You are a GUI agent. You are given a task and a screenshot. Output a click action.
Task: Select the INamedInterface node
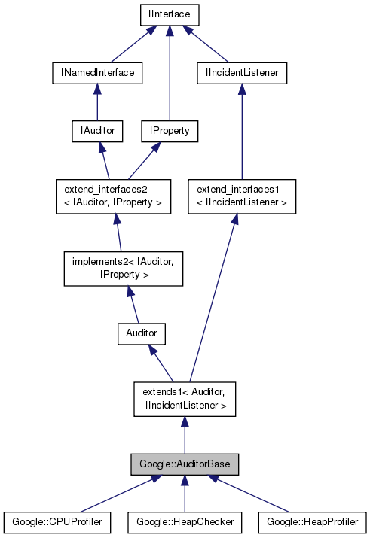(97, 72)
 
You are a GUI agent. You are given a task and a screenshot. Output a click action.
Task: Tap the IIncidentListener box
(241, 72)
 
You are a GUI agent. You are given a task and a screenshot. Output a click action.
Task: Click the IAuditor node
(97, 131)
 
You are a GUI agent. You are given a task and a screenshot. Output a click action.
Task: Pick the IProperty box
(169, 131)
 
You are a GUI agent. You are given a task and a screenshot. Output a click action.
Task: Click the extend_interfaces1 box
(241, 196)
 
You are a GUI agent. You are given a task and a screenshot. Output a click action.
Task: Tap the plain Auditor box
(141, 333)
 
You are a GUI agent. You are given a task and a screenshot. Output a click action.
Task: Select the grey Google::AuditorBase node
(185, 464)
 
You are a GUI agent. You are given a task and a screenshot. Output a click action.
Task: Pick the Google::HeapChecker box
(185, 521)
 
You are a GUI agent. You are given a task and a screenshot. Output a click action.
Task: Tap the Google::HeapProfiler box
(312, 521)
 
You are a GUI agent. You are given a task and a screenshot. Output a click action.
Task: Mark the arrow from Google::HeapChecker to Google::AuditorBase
(185, 494)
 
